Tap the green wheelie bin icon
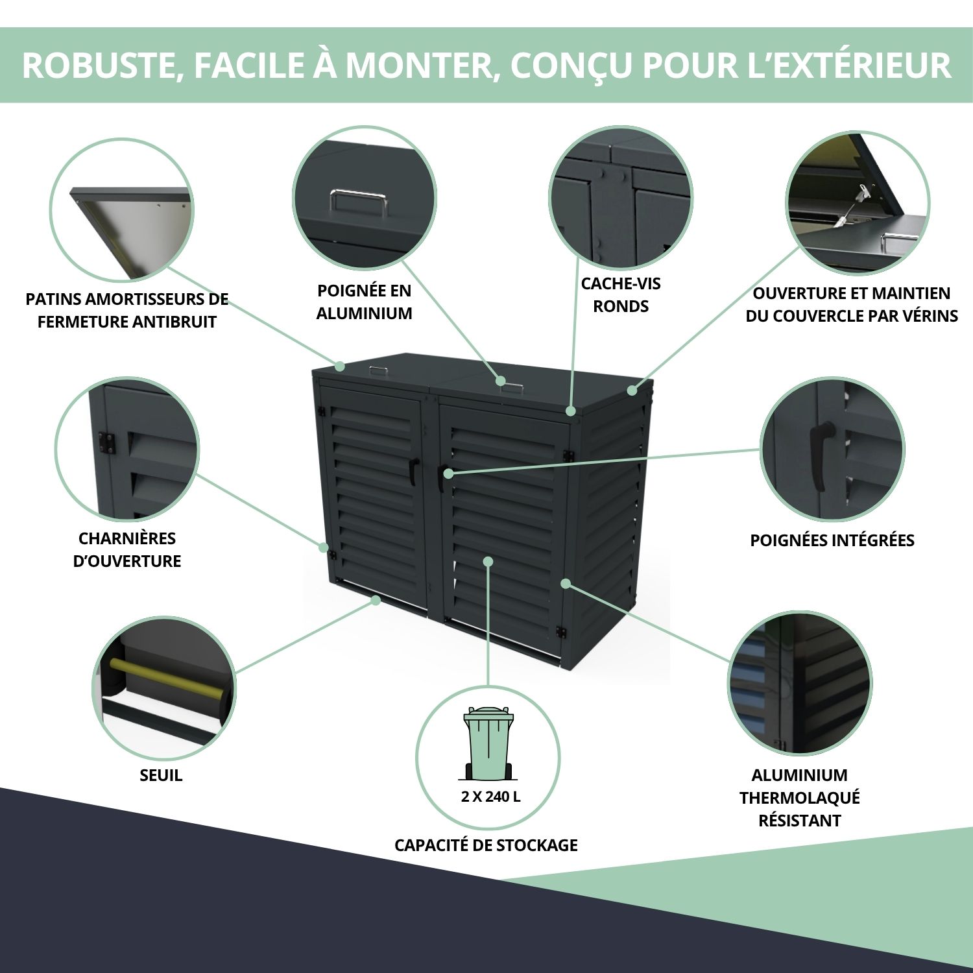pos(488,743)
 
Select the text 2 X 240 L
pos(490,797)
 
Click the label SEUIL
pos(161,775)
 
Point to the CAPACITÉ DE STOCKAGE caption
pos(486,845)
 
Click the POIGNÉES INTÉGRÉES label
pos(832,540)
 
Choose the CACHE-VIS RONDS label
pos(621,294)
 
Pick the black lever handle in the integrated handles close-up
pos(822,454)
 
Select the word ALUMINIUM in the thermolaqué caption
pos(799,775)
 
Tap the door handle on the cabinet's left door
pos(413,470)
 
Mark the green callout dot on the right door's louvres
pos(488,561)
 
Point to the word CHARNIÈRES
pos(127,538)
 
